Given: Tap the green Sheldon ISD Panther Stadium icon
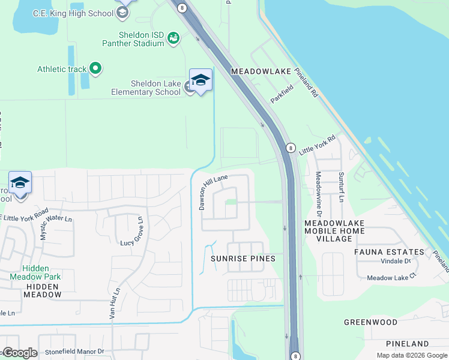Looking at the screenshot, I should pyautogui.click(x=173, y=38).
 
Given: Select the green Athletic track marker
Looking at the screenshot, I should pyautogui.click(x=95, y=68).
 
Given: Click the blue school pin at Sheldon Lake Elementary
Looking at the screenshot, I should pyautogui.click(x=200, y=80).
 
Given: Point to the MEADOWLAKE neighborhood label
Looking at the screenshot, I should pyautogui.click(x=261, y=71).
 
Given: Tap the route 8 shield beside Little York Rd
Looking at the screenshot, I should pyautogui.click(x=291, y=147).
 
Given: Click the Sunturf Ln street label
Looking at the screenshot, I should pyautogui.click(x=341, y=186).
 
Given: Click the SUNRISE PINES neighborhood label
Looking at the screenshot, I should pyautogui.click(x=243, y=259).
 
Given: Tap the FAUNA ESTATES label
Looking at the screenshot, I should pyautogui.click(x=389, y=252).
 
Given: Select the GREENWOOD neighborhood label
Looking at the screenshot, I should pyautogui.click(x=370, y=322).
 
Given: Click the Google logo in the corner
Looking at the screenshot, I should pyautogui.click(x=19, y=353).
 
